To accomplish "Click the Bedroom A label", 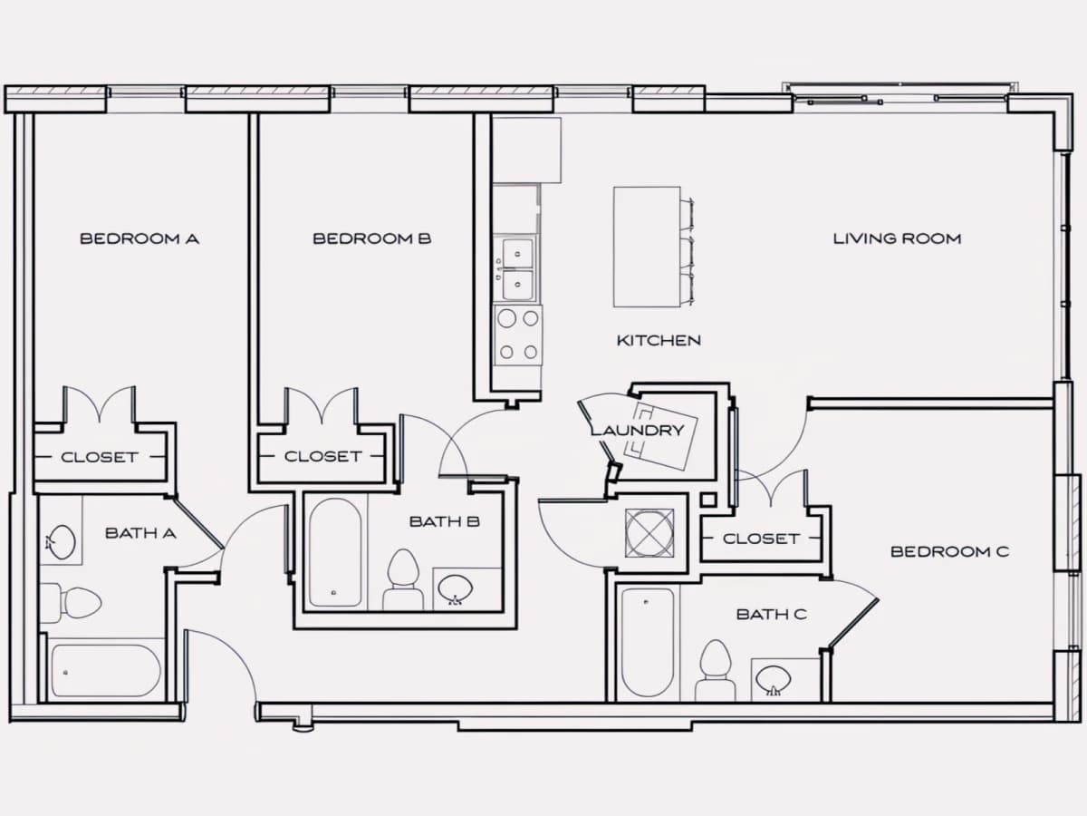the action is coord(139,238).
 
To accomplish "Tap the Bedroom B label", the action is coord(372,238).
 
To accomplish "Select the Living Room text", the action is coord(898,238).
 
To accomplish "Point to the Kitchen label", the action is coord(659,340).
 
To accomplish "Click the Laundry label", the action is coord(638,430).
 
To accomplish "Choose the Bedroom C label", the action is coord(950,551).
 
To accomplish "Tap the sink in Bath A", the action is coord(61,542).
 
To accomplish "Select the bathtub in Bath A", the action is coord(106,670).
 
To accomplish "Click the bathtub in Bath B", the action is coord(335,552).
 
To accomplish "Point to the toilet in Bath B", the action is coord(403,579).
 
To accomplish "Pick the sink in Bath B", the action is coord(455,589).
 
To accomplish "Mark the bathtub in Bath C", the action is coord(648,642).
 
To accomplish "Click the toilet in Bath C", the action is coord(716,670).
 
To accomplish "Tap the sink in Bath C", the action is coord(774,680).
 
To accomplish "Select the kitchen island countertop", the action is coord(647,247).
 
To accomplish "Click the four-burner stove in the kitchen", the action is coord(518,335).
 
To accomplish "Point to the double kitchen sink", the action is coord(517,269).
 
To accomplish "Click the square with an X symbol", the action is coord(649,532).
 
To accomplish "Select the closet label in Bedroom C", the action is coord(761,539).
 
